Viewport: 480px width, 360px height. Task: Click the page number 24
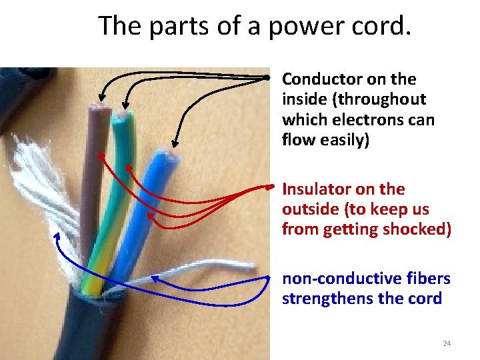coord(447,343)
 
